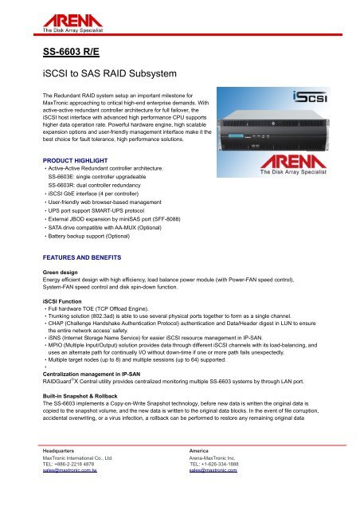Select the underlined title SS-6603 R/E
(69, 55)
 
